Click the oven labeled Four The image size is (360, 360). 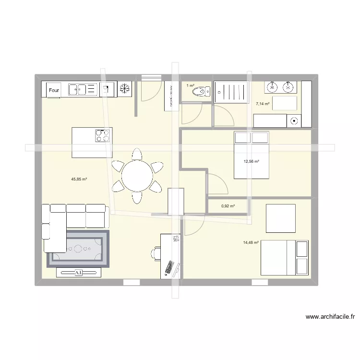pyautogui.click(x=54, y=89)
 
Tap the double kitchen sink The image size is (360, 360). pyautogui.click(x=83, y=89)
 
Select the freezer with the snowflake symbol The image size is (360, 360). pyautogui.click(x=125, y=89)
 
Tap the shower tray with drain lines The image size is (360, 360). pyautogui.click(x=232, y=92)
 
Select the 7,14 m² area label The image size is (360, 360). pyautogui.click(x=263, y=103)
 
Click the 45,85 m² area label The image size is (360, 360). pyautogui.click(x=79, y=179)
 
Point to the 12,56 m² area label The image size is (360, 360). pyautogui.click(x=252, y=162)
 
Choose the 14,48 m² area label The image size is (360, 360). pyautogui.click(x=251, y=242)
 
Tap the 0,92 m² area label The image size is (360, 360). pyautogui.click(x=228, y=206)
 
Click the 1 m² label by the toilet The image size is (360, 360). pyautogui.click(x=191, y=85)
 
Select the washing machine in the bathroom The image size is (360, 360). pyautogui.click(x=294, y=121)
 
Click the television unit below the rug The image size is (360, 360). pyautogui.click(x=79, y=273)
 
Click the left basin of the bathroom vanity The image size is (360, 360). pyautogui.click(x=272, y=87)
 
